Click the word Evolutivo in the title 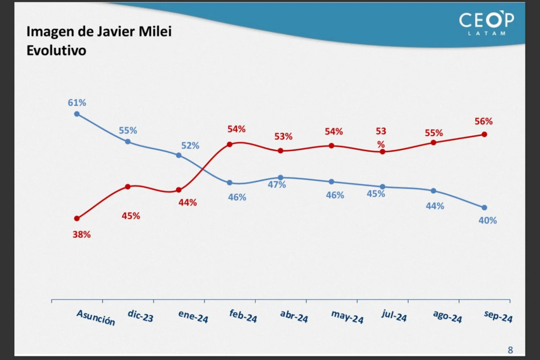point(56,51)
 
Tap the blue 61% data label point(77,102)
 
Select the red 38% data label point(82,235)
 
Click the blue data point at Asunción point(77,113)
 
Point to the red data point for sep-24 point(484,134)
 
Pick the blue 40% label point(487,220)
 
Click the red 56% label point(483,121)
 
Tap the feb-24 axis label point(243,316)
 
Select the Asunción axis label point(95,317)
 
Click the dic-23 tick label point(140,316)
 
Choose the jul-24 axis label point(394,316)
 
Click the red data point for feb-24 point(229,144)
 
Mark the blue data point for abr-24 point(281,178)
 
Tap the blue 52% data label point(190,145)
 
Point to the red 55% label point(434,133)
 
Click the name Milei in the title point(157,32)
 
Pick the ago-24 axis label point(447,316)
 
